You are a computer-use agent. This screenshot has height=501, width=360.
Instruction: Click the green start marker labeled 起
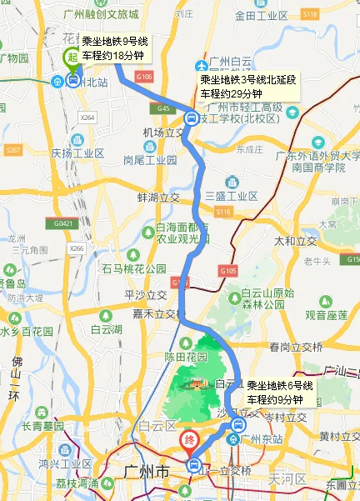[72, 57]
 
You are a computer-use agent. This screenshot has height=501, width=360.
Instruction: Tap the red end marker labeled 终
[190, 439]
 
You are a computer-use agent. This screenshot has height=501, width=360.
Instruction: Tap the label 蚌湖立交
[158, 198]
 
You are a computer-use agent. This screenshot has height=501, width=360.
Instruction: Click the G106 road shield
[144, 76]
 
